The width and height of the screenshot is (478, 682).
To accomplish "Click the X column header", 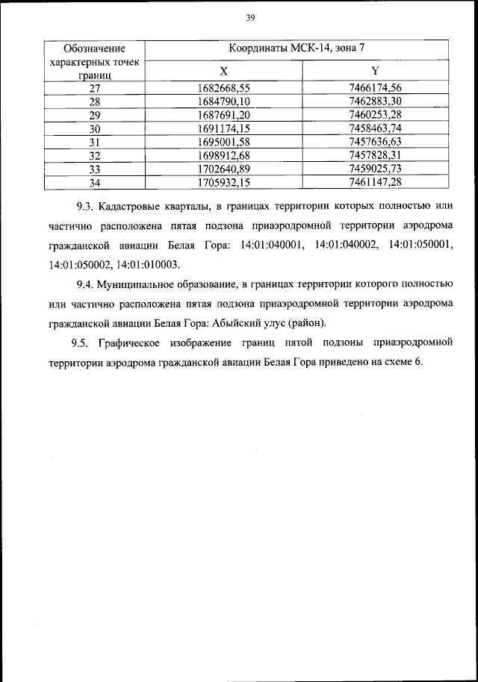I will tap(223, 71).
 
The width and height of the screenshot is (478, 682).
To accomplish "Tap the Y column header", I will tap(375, 71).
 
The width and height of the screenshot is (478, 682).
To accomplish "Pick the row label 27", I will tap(94, 87).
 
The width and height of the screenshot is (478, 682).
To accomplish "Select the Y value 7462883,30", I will tap(375, 101).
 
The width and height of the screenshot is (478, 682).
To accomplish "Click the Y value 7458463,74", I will tap(375, 128).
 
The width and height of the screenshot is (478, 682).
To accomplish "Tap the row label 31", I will tap(94, 141).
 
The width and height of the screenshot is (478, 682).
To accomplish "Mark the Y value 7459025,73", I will tap(375, 168).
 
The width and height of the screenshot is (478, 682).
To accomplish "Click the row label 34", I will tap(94, 181).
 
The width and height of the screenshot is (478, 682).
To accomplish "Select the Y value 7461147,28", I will tap(375, 181).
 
